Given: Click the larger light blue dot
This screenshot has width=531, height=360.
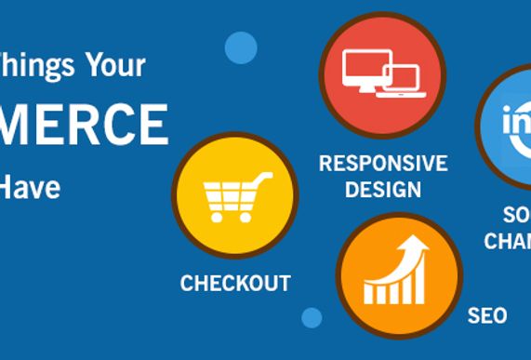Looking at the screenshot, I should (241, 47).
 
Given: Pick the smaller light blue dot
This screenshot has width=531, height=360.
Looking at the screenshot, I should (312, 317).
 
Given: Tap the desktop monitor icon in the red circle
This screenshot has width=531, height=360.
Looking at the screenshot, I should (365, 68).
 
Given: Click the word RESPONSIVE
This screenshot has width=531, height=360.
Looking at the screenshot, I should (382, 164).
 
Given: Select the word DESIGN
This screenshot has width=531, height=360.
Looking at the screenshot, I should (382, 190).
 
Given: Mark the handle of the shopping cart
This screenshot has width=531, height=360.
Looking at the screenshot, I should (264, 177).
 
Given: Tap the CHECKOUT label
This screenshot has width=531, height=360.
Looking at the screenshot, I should (235, 283).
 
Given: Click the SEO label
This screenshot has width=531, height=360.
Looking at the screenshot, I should (487, 316).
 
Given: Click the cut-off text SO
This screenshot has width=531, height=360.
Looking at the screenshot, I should (517, 214).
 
